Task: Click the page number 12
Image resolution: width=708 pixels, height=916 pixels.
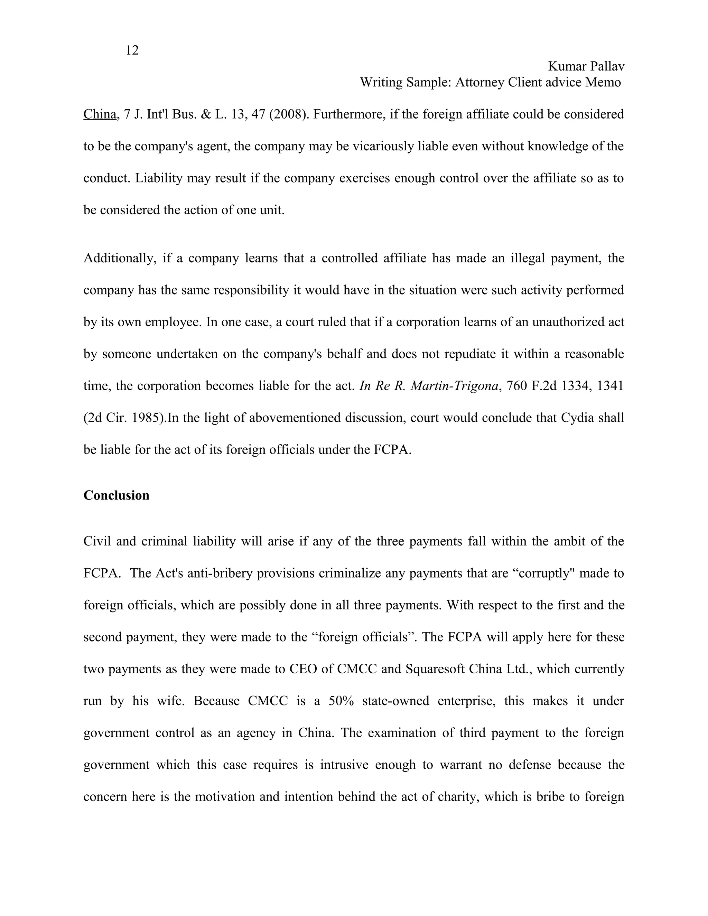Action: pos(132,51)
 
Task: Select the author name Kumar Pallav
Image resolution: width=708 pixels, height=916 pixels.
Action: pos(586,66)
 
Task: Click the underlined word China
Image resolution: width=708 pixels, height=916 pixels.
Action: pos(100,114)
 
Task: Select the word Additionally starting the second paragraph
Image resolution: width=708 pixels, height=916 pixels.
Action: pos(120,258)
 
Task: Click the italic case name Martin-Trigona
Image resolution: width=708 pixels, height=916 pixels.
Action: pos(454,386)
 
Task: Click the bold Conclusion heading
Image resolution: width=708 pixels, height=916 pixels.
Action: pos(116,495)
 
